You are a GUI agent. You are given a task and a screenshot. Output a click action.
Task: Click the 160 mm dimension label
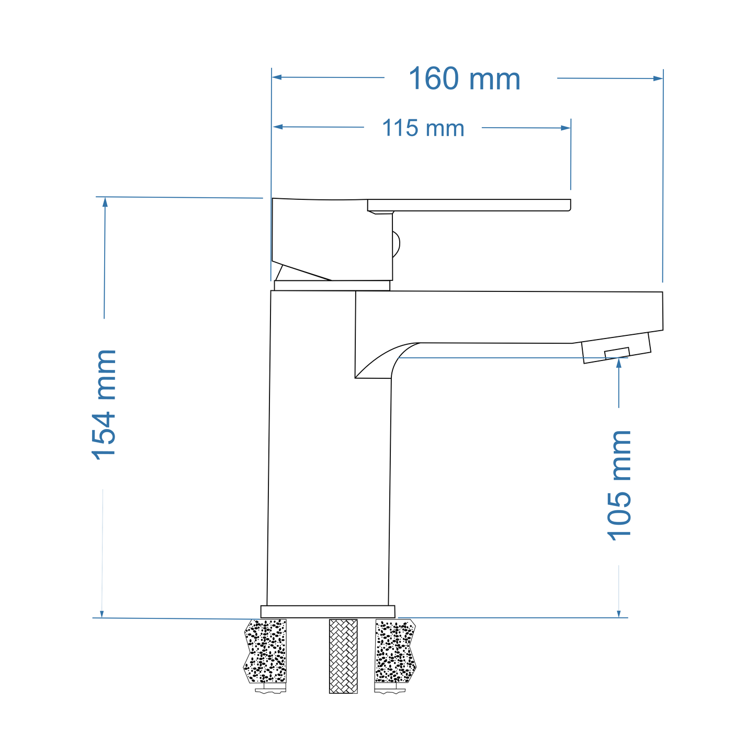coord(464,79)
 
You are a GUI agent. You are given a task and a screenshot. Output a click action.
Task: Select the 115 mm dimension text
coord(423,128)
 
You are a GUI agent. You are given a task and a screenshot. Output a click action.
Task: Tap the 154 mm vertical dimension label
coord(104,404)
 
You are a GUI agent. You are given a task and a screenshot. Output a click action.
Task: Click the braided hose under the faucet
coord(343,656)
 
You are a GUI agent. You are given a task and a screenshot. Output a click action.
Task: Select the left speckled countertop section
coord(266,651)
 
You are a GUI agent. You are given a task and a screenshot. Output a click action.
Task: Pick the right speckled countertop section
coord(396,651)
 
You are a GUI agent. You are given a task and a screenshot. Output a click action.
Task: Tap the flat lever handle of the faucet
coord(468,205)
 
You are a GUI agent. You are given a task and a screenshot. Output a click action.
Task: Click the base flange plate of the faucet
coord(328,612)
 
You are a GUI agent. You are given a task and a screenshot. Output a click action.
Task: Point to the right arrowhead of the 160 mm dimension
coord(658,78)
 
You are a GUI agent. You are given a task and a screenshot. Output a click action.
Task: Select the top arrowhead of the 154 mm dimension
coord(105,202)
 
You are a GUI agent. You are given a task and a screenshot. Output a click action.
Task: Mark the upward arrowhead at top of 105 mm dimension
coord(619,363)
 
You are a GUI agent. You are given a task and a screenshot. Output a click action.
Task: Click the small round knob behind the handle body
coord(396,244)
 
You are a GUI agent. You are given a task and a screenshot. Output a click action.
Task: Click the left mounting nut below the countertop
coord(270,691)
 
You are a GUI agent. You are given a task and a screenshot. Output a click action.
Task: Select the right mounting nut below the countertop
coord(390,691)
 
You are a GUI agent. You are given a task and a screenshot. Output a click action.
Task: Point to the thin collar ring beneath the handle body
coord(332,286)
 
